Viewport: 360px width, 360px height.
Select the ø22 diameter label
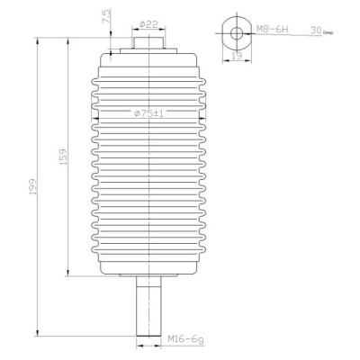coord(149,22)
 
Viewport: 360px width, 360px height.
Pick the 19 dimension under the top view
coord(237,55)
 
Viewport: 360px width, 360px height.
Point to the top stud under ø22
coord(149,41)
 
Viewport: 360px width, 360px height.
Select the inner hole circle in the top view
coord(237,33)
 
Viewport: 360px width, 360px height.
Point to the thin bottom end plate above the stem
coord(149,274)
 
